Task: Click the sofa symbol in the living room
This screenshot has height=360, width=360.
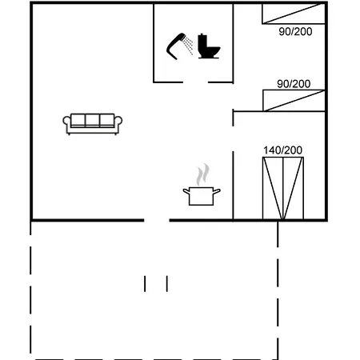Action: point(93,124)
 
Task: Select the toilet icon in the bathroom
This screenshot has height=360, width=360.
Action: point(209,46)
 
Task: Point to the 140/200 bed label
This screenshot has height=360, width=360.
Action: point(282,150)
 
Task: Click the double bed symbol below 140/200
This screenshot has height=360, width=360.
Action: point(283,188)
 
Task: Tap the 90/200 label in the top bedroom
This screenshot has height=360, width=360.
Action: point(295,31)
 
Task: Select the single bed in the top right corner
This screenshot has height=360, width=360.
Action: point(294,14)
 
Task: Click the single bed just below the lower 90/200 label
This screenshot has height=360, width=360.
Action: point(294,101)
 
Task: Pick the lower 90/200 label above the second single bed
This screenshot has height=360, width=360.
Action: point(294,84)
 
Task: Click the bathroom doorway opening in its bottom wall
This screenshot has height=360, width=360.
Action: point(195,82)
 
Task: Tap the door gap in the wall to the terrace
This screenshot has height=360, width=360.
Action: point(157,220)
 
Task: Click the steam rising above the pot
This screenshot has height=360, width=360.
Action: point(203,174)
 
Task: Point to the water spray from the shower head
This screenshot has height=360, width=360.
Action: point(189,46)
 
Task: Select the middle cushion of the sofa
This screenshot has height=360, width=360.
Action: point(93,120)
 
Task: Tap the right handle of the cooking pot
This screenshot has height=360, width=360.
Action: point(217,191)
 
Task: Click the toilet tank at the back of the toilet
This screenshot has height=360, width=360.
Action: point(202,42)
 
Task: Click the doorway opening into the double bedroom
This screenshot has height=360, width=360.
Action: point(233,138)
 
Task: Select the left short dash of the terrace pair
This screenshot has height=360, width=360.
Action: point(145,284)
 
